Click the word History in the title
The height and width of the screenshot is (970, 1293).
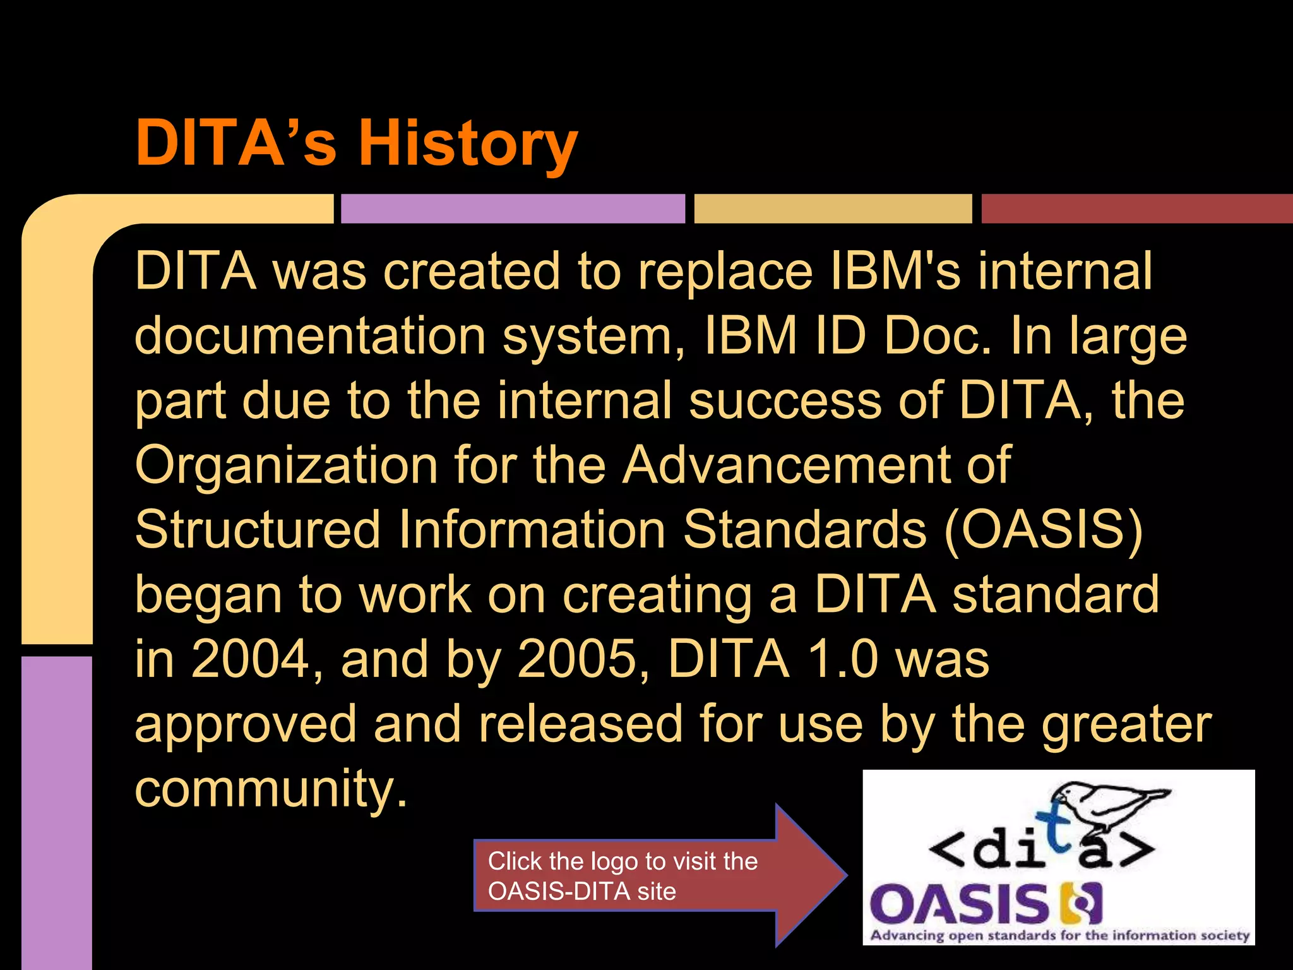coord(468,144)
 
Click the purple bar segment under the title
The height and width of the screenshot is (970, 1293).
coord(513,208)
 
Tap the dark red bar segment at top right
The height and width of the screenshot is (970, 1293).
coord(1136,208)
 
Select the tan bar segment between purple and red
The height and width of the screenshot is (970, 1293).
coord(833,208)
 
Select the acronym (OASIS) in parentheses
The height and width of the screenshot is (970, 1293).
coord(1043,529)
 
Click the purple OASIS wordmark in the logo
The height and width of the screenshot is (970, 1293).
coord(960,904)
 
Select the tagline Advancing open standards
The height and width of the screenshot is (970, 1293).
coord(1060,935)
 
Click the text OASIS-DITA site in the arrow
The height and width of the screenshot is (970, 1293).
coord(581,892)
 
